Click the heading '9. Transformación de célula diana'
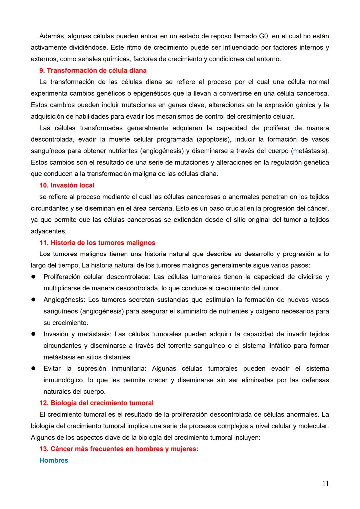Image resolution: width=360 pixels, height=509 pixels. click(x=93, y=70)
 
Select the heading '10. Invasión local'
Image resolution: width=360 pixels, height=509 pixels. click(x=67, y=185)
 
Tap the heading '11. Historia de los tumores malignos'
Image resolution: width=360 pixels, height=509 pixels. click(x=97, y=243)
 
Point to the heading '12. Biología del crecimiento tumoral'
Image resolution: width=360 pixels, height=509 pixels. click(x=96, y=403)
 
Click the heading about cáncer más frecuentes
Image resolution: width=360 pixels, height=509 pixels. click(x=119, y=449)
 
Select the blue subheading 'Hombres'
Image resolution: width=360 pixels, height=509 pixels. click(x=54, y=460)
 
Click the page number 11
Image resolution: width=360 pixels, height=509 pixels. click(x=325, y=484)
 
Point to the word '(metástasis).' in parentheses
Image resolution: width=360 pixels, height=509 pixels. click(x=310, y=151)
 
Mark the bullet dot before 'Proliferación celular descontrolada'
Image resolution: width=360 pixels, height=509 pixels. click(x=33, y=277)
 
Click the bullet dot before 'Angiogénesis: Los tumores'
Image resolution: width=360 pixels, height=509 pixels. click(x=33, y=300)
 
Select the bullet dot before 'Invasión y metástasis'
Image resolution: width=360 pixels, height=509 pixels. click(x=33, y=334)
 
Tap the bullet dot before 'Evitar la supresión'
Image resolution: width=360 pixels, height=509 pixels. click(x=33, y=369)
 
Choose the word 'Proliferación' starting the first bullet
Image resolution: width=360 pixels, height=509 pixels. click(x=62, y=277)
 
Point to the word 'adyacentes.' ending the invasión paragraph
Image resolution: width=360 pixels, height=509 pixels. click(x=49, y=231)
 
